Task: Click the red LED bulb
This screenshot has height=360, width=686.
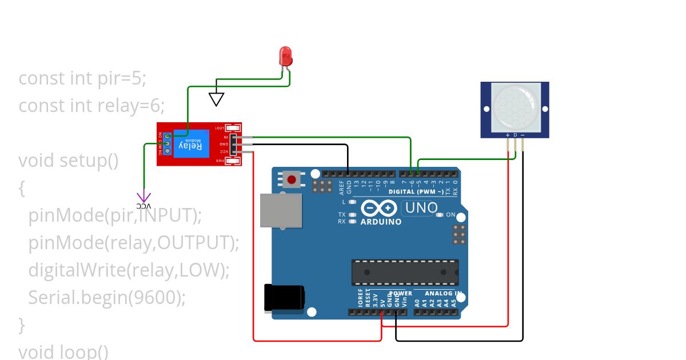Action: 286,56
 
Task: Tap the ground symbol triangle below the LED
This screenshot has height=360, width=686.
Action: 216,99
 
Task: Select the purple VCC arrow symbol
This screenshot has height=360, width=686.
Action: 144,197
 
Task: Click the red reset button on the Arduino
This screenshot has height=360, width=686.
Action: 292,179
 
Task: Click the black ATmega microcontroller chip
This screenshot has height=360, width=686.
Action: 405,271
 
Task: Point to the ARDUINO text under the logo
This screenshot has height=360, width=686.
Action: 381,222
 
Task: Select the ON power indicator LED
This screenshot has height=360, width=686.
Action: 439,215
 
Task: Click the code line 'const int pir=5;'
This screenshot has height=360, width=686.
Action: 82,78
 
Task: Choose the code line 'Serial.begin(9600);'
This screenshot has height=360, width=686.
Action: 107,297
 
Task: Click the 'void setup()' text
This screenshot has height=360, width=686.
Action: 69,161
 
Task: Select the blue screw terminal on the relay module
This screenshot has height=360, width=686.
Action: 167,143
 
